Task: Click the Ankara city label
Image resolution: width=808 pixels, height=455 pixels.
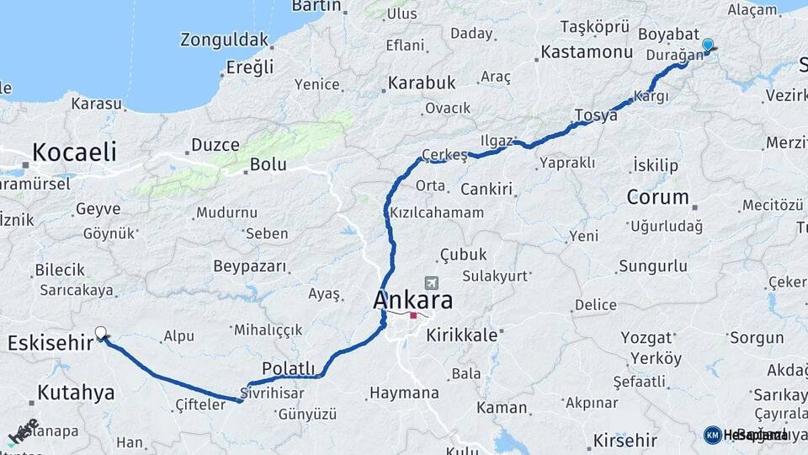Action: [412, 300]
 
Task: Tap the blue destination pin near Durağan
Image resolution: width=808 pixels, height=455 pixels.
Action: [707, 45]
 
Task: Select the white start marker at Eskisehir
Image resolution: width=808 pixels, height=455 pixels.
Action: [101, 333]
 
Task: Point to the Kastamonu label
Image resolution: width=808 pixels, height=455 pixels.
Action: [587, 52]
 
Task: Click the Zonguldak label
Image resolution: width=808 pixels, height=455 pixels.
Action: [224, 40]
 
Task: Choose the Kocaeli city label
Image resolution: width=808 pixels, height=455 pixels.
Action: [74, 152]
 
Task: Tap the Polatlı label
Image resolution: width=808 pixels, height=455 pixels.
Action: [288, 368]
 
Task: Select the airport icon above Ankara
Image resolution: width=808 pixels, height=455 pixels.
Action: [433, 283]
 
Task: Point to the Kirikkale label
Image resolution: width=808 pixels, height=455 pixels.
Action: [462, 335]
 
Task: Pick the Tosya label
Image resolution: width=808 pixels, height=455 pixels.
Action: [596, 115]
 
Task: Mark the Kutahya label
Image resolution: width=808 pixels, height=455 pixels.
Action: [76, 392]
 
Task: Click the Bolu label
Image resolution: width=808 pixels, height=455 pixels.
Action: [267, 165]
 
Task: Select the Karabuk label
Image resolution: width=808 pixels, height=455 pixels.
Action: [421, 83]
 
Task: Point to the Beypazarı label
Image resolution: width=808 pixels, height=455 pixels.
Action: [250, 267]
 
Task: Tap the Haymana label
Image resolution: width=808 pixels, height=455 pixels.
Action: [404, 393]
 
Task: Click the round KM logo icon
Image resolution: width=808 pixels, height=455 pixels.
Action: [713, 435]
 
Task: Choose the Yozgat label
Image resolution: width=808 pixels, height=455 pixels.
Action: [646, 338]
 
